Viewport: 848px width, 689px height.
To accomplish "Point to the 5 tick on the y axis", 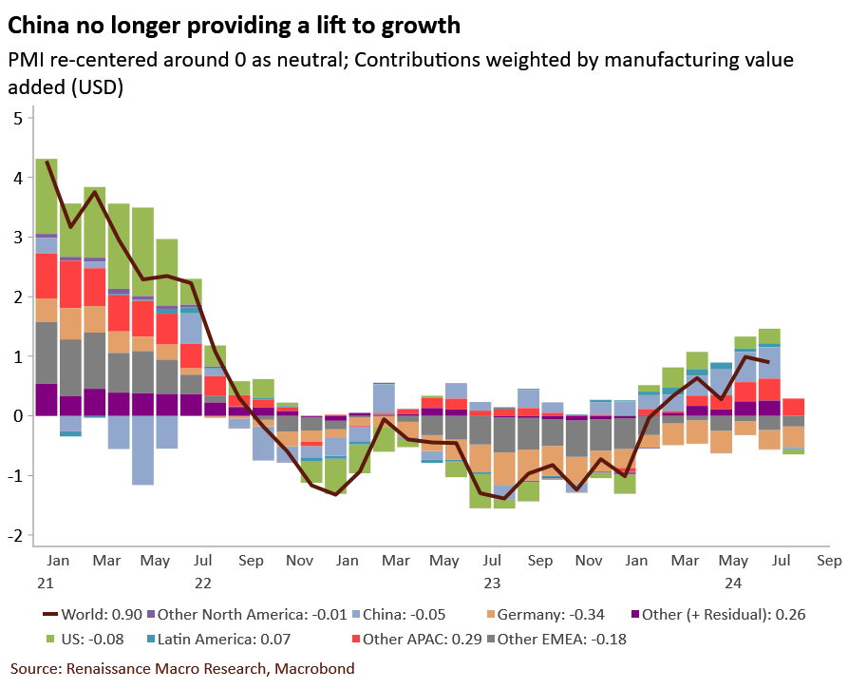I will (17, 118).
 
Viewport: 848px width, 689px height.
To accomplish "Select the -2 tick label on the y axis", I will (15, 535).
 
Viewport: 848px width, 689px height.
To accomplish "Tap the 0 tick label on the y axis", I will (17, 416).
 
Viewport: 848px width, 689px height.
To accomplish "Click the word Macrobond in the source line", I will (314, 669).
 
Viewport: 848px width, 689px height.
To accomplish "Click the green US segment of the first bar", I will (46, 196).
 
